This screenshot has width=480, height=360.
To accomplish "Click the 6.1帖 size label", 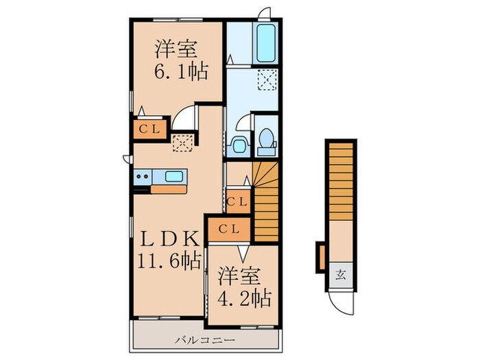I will (x=180, y=70).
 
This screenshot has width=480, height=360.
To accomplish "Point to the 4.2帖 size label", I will (x=245, y=298).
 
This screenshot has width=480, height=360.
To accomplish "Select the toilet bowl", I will (x=265, y=141).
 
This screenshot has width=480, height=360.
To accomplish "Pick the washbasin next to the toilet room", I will (x=239, y=145).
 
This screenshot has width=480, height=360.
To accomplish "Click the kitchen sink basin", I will (x=174, y=177).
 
